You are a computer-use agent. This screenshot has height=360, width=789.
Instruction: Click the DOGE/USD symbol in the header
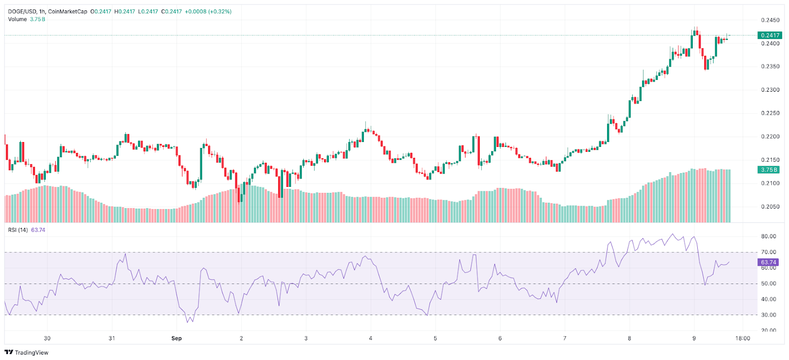(x=22, y=11)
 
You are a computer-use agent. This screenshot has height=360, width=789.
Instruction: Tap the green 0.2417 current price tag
(x=770, y=36)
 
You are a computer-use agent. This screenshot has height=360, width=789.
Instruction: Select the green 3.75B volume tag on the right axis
(x=769, y=170)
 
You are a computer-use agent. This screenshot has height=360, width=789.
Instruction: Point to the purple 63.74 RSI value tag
(x=768, y=262)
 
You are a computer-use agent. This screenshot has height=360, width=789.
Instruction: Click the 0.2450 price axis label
(x=770, y=20)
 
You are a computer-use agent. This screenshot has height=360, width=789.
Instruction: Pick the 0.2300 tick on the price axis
(x=770, y=90)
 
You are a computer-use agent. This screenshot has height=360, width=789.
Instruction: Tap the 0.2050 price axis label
(x=770, y=207)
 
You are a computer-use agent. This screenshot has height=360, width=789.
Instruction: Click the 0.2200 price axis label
(x=770, y=137)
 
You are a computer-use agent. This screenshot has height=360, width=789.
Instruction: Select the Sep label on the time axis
(x=177, y=338)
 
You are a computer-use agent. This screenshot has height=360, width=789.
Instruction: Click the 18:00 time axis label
(x=743, y=338)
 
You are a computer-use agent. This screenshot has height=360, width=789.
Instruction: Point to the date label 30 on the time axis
(x=47, y=338)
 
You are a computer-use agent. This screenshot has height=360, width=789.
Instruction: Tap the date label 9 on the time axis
(x=694, y=338)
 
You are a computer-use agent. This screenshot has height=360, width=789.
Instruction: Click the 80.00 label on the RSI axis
(x=768, y=236)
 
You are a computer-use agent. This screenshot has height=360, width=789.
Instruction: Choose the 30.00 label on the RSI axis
(x=768, y=315)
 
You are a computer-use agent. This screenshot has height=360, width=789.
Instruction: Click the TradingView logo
(x=27, y=352)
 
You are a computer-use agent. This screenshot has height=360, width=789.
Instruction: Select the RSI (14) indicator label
(x=18, y=230)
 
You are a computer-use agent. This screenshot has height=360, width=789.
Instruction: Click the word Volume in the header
(x=17, y=19)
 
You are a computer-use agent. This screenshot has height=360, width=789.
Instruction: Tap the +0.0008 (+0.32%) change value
(x=208, y=11)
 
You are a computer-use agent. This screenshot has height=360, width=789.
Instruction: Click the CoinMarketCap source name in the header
(x=68, y=11)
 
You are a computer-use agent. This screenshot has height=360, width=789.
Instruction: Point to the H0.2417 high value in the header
(x=124, y=11)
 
